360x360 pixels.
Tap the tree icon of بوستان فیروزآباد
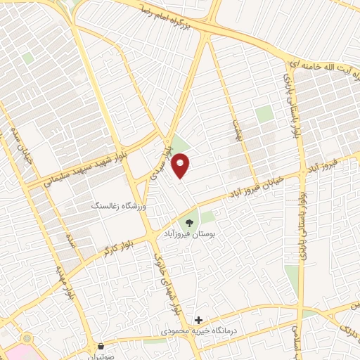click(x=188, y=223)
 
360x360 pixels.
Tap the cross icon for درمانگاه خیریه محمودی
click(x=200, y=320)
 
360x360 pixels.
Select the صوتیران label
click(x=102, y=356)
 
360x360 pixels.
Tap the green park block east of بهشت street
click(x=264, y=114)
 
